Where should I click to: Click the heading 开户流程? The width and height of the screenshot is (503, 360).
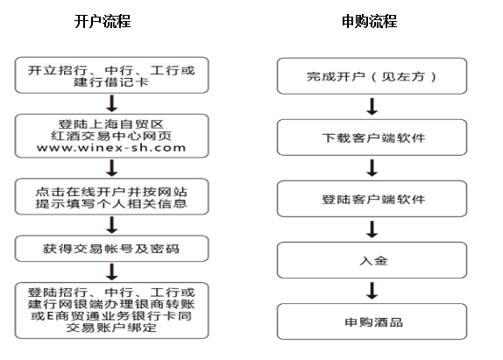[x=103, y=22]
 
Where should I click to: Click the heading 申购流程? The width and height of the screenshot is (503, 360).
[x=369, y=22]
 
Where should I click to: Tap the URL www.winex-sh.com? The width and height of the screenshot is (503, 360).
[x=111, y=148]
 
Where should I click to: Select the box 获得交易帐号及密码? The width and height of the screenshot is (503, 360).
[x=111, y=249]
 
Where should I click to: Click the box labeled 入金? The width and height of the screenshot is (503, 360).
[x=372, y=260]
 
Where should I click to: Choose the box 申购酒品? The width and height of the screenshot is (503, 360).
[x=372, y=321]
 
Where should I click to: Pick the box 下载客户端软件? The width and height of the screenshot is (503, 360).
[x=372, y=138]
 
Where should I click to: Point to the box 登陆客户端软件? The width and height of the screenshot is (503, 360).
[x=372, y=199]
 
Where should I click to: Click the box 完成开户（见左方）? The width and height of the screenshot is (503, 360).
[x=372, y=76]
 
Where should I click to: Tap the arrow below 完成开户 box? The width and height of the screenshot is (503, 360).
[x=372, y=107]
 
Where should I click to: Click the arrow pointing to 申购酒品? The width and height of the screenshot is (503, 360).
[x=372, y=291]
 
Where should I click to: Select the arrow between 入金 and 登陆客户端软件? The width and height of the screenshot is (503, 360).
[x=372, y=229]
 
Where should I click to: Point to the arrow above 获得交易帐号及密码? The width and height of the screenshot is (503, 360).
[x=112, y=225]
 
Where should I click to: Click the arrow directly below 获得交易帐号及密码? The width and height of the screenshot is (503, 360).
[x=112, y=272]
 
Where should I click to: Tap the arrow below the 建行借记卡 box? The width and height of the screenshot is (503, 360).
[x=112, y=103]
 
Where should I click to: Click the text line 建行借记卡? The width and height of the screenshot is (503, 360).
[x=111, y=82]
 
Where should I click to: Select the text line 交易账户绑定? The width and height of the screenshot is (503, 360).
[x=111, y=328]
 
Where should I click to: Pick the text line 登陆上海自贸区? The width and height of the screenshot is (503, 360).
[x=111, y=124]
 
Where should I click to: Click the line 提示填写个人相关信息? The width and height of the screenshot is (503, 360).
[x=111, y=203]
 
